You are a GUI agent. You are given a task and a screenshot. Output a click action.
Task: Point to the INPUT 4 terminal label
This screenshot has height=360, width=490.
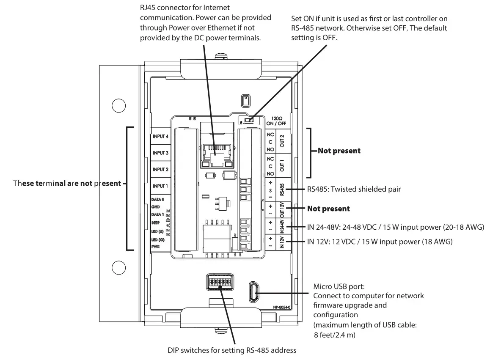click(x=161, y=137)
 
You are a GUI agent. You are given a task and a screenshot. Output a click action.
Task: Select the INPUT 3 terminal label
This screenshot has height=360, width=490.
click(x=161, y=153)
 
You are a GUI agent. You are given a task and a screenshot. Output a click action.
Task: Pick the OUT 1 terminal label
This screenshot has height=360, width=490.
click(x=282, y=165)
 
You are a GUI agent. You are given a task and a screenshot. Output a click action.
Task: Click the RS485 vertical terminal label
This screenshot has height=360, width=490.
click(x=282, y=189)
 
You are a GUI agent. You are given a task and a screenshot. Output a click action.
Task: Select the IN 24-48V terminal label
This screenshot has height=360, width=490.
click(x=282, y=226)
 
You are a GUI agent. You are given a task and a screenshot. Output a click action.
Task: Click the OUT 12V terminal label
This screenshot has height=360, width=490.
click(x=282, y=209)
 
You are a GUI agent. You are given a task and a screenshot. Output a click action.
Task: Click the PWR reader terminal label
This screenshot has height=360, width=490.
click(x=155, y=246)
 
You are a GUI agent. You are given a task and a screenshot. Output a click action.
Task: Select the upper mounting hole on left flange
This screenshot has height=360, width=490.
click(x=118, y=105)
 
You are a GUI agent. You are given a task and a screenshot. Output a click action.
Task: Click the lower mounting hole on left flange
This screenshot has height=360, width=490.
click(x=118, y=267)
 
